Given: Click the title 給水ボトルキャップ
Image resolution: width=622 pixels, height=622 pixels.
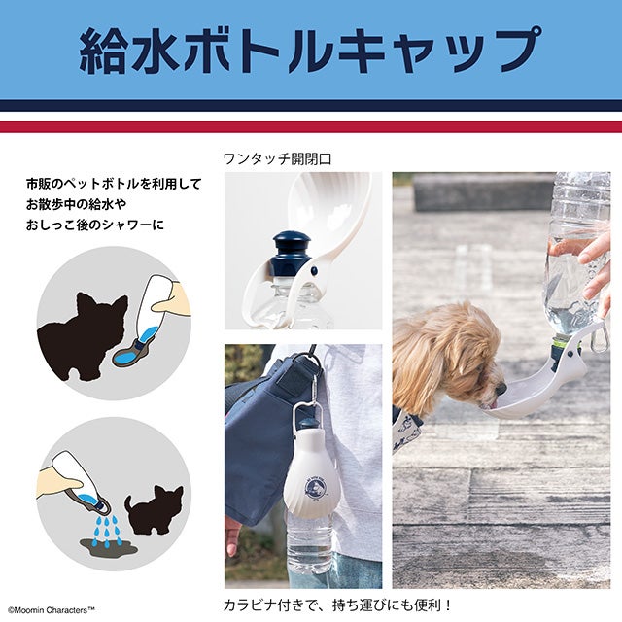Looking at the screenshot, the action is coord(310,50).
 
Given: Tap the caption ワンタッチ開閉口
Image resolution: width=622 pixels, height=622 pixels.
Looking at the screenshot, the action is coord(278,159).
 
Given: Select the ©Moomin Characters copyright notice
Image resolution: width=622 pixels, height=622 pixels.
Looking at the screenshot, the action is coord(52,610).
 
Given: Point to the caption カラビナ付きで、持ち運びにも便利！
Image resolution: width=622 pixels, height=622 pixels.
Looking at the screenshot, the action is coord(337,605).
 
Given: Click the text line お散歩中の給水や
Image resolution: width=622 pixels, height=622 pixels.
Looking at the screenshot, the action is coord(76,204).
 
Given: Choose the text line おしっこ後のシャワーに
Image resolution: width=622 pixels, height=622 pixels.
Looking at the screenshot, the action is coord(95,225).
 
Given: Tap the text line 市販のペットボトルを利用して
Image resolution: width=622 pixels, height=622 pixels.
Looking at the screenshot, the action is coord(115,184).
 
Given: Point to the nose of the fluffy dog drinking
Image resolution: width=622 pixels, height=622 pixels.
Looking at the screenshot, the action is coord(501,388).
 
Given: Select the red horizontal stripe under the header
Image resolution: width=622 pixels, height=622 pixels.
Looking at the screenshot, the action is coord(311,126).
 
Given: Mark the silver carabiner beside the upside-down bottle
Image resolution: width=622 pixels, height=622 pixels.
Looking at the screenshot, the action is coord(601,338).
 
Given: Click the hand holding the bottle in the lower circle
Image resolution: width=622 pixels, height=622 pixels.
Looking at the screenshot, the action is coord(59,481).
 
